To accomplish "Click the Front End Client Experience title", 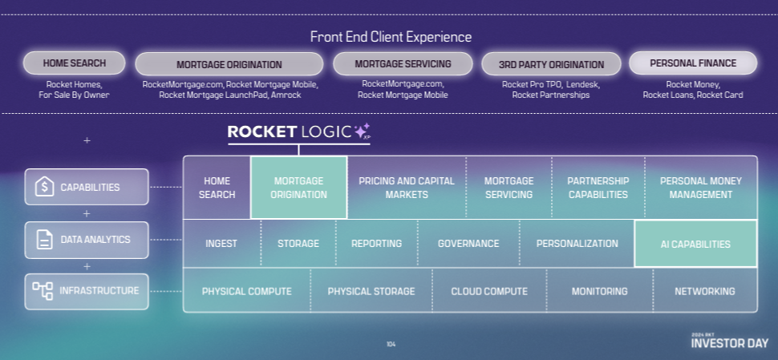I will point(391,37).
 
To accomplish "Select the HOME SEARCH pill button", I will point(75,63).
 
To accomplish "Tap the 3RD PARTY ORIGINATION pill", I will point(551,64).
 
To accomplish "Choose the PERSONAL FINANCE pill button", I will point(693,63).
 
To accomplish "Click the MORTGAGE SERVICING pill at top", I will point(403,63).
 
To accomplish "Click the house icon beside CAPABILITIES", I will point(44,188).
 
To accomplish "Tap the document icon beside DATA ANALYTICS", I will point(44,240).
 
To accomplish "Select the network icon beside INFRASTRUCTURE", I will point(43,290).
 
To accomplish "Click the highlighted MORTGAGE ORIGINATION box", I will point(299,188).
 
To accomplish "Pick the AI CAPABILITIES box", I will point(695,244).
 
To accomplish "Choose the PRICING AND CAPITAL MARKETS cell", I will point(406,188).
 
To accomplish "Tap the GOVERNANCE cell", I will point(468,244).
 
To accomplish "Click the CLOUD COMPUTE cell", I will point(489,291).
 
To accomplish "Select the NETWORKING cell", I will point(705,291).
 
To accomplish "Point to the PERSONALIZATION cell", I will point(577,244).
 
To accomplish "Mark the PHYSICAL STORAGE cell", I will point(371,291).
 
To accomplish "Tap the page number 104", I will point(391,344).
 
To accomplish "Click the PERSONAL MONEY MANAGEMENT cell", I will point(701,188).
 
